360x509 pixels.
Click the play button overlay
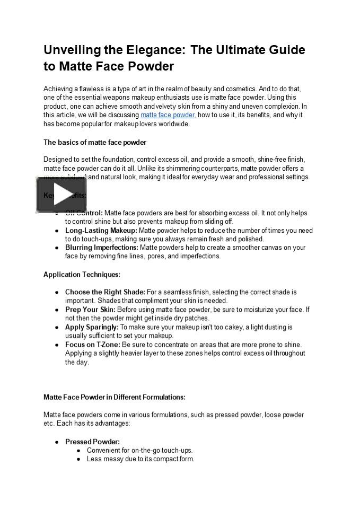pyautogui.click(x=61, y=195)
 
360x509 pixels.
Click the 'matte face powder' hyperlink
pyautogui.click(x=168, y=115)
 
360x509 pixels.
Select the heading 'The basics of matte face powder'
pyautogui.click(x=95, y=142)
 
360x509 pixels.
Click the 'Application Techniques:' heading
pyautogui.click(x=82, y=274)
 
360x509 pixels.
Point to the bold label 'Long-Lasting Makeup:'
pyautogui.click(x=101, y=231)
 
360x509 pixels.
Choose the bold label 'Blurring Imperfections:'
pyautogui.click(x=102, y=248)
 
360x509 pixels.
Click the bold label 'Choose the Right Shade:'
pyautogui.click(x=105, y=292)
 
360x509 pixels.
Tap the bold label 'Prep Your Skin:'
pyautogui.click(x=90, y=310)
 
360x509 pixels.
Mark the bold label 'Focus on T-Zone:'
pyautogui.click(x=93, y=345)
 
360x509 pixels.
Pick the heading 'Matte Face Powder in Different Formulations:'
pyautogui.click(x=114, y=397)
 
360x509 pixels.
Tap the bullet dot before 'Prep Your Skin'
pyautogui.click(x=57, y=310)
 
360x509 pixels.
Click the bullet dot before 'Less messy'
pyautogui.click(x=78, y=459)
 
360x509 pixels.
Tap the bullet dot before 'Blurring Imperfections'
pyautogui.click(x=57, y=248)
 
